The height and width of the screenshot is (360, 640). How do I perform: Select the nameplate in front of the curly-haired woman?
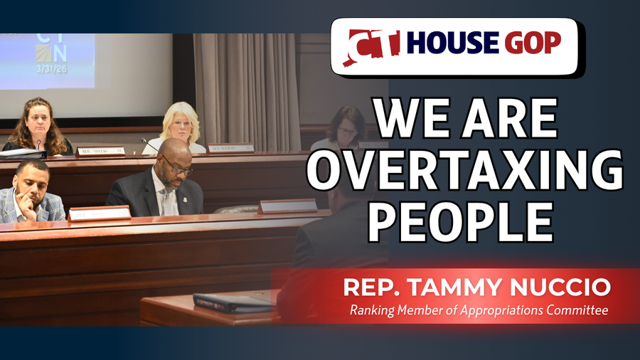pos(100,151)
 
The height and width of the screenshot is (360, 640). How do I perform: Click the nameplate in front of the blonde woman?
pos(230,149)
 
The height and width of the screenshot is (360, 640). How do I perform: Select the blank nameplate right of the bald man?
pos(287,206)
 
